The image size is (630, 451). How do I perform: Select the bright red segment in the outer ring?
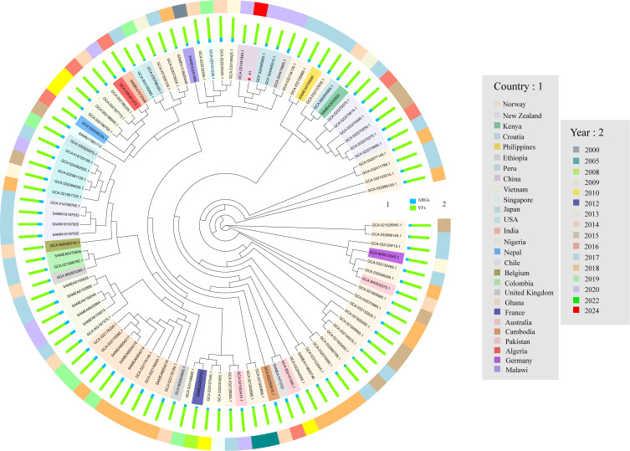point(260,9)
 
